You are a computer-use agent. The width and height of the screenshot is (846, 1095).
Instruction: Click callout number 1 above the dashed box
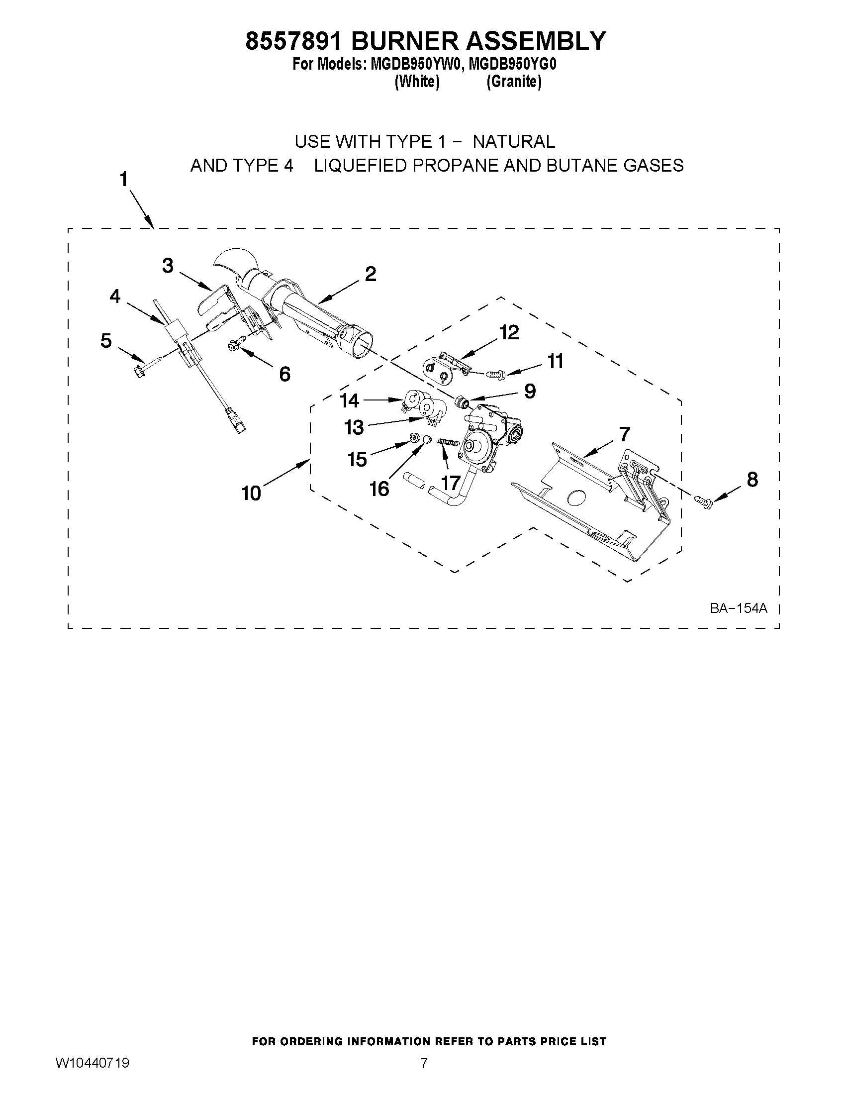point(123,180)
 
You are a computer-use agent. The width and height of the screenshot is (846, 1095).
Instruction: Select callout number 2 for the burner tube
point(371,274)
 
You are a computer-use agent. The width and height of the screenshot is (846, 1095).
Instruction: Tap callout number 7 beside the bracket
point(625,434)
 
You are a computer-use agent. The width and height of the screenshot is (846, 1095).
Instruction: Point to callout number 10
point(252,494)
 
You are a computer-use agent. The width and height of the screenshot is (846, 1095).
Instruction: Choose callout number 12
point(509,332)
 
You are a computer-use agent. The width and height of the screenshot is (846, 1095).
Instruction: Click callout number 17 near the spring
point(451,483)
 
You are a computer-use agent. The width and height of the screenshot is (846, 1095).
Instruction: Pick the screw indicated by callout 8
point(704,500)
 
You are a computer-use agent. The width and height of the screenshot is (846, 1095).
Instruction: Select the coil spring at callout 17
point(449,441)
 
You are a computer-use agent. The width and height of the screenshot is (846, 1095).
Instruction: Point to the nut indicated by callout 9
point(463,401)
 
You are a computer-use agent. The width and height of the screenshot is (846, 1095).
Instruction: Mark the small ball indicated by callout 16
point(427,440)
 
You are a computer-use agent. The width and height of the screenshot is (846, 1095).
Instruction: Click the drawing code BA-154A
point(738,608)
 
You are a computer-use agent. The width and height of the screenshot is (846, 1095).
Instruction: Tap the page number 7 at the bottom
point(424,1031)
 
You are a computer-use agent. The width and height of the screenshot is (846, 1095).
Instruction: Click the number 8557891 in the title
point(294,41)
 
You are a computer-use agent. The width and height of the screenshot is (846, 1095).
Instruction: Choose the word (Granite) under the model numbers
point(514,82)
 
